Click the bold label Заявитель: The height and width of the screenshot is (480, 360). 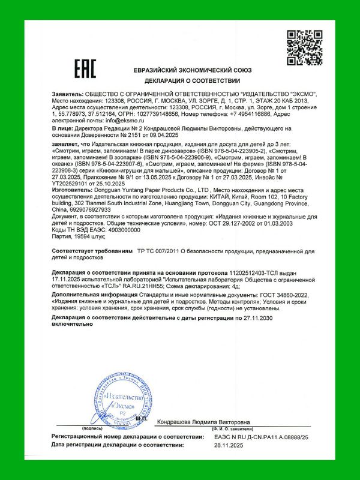(68, 95)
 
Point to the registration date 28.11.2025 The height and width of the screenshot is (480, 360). (227, 445)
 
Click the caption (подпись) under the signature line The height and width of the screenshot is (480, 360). (91, 430)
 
